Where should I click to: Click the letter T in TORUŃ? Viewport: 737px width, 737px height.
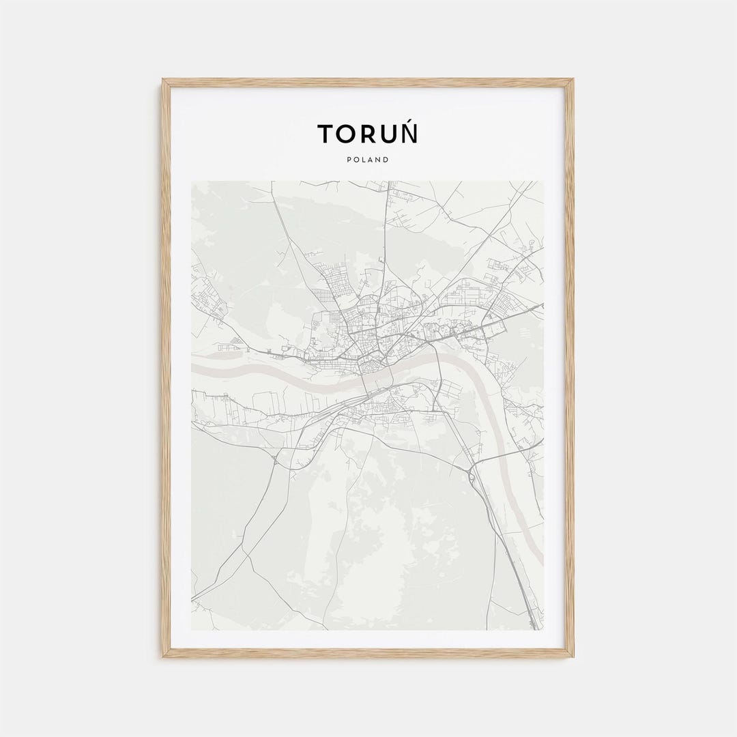pyautogui.click(x=325, y=134)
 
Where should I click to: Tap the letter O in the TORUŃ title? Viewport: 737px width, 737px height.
pyautogui.click(x=346, y=134)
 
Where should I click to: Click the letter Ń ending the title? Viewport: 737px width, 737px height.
pyautogui.click(x=409, y=134)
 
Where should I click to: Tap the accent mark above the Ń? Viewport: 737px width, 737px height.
pyautogui.click(x=411, y=121)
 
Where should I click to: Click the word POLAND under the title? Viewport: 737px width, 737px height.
pyautogui.click(x=368, y=160)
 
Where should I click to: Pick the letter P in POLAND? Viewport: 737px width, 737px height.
pyautogui.click(x=349, y=160)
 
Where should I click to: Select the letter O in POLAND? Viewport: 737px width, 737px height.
pyautogui.click(x=356, y=160)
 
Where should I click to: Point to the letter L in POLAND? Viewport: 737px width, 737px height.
pyautogui.click(x=364, y=160)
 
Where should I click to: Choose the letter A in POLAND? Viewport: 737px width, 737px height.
pyautogui.click(x=371, y=160)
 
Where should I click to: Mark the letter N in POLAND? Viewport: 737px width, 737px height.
pyautogui.click(x=378, y=160)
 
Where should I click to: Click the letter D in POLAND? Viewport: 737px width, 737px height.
pyautogui.click(x=386, y=160)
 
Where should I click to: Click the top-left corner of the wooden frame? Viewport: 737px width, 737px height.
pyautogui.click(x=164, y=81)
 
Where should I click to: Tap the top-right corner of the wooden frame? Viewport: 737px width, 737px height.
pyautogui.click(x=572, y=81)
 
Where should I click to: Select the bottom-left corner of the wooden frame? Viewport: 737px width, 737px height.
pyautogui.click(x=164, y=656)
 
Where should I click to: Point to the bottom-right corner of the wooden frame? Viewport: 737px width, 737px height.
pyautogui.click(x=572, y=656)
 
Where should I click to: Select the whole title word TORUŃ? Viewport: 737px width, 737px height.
pyautogui.click(x=368, y=134)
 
